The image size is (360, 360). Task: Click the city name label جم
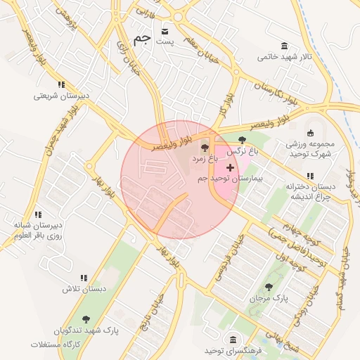point(141,39)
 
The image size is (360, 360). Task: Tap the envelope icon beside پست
point(165,32)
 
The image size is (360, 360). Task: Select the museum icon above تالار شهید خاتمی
point(284,46)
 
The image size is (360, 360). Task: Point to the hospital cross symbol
point(230,167)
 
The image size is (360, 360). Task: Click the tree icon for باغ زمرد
point(205,148)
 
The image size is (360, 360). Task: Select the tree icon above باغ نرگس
point(243,139)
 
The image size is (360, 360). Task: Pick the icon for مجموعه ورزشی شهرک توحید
point(311,134)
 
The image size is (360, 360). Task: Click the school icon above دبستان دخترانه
point(309,176)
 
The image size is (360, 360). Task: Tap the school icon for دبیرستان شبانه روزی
point(38,214)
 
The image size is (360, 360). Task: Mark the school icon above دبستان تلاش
point(84,278)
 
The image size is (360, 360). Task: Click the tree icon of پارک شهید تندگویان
point(86,319)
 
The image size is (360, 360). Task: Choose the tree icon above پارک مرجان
point(269,287)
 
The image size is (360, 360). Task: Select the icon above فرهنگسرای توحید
point(233,339)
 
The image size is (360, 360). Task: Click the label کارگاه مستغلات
point(57,345)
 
